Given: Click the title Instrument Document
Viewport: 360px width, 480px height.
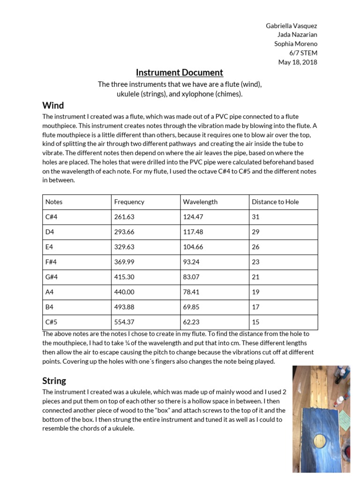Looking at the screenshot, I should pyautogui.click(x=180, y=73).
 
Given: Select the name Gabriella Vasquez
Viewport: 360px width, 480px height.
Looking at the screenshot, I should pyautogui.click(x=291, y=26).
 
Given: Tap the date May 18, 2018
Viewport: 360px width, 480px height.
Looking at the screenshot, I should pyautogui.click(x=298, y=62).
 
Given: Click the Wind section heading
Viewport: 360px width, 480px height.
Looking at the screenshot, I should pyautogui.click(x=53, y=105).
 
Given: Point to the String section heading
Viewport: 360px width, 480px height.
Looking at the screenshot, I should pyautogui.click(x=54, y=381).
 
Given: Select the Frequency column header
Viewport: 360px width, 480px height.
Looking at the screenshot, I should pyautogui.click(x=129, y=202).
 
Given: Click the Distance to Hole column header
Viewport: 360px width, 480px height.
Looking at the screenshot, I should pyautogui.click(x=275, y=202).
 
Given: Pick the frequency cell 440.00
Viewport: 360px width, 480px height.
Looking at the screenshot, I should pyautogui.click(x=124, y=292).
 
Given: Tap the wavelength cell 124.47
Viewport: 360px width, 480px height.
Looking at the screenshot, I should pyautogui.click(x=194, y=217).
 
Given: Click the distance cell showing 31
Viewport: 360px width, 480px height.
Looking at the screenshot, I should pyautogui.click(x=255, y=217).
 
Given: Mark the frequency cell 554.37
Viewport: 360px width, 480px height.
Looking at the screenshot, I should pyautogui.click(x=124, y=322).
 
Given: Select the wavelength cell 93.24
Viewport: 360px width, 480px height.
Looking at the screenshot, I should pyautogui.click(x=192, y=262).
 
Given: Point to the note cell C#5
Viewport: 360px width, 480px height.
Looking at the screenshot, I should pyautogui.click(x=51, y=322).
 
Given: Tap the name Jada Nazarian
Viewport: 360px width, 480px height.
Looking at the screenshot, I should pyautogui.click(x=297, y=35).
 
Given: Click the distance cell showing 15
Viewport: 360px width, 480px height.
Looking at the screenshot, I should pyautogui.click(x=255, y=322).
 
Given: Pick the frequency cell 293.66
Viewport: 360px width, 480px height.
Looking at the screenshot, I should pyautogui.click(x=124, y=232).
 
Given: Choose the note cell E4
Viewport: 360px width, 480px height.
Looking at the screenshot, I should pyautogui.click(x=49, y=247).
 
